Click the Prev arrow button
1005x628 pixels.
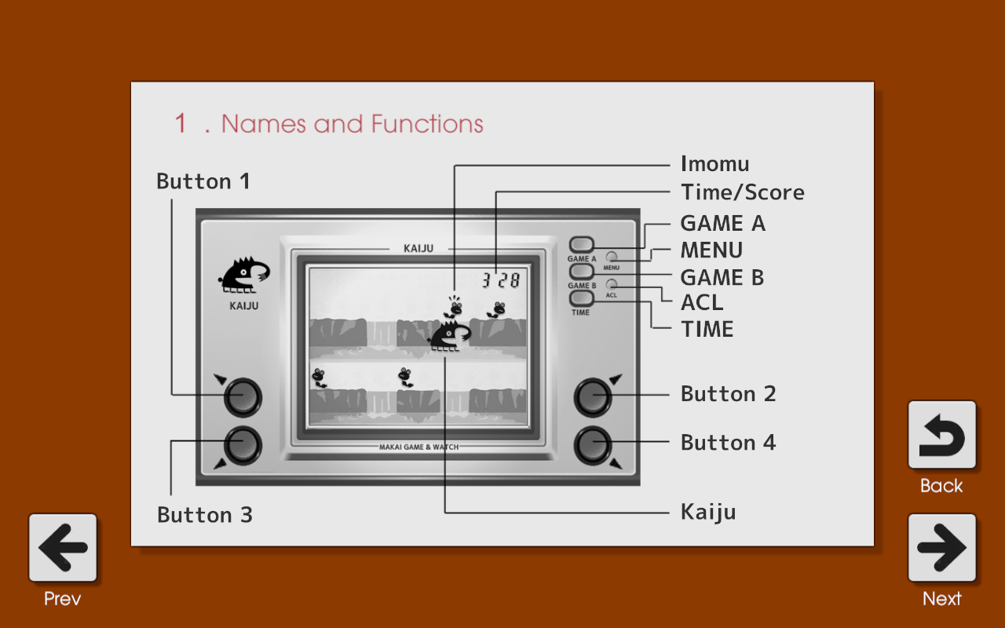coord(63,548)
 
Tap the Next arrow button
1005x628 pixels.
coord(941,548)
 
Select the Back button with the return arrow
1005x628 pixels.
coord(941,435)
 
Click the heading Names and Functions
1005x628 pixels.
coord(353,124)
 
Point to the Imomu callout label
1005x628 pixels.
coord(714,164)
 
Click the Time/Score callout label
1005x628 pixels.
coord(743,192)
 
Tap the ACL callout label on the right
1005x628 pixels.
coord(702,303)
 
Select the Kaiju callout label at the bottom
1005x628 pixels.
coord(708,513)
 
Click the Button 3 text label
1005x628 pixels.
coord(205,514)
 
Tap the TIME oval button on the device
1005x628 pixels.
coord(581,298)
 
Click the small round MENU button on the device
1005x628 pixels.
coord(611,257)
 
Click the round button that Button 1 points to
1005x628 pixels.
coord(243,397)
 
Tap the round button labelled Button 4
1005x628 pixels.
coord(593,445)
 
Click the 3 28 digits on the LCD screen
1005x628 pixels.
coord(501,280)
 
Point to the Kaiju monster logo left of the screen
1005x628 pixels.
coord(244,275)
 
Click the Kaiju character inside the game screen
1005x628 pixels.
coord(451,335)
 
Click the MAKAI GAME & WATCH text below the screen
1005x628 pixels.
coord(419,447)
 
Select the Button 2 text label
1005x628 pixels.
coord(728,394)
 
